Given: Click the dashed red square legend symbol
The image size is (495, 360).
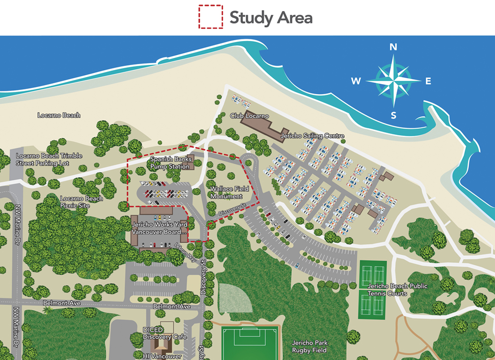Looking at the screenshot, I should (211, 17).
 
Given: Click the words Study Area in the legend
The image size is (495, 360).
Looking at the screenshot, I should (271, 18).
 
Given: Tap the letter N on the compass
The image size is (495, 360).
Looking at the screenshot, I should (393, 47).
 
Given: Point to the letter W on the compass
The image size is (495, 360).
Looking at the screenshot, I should (356, 81).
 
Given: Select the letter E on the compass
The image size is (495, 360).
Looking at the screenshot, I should (428, 81).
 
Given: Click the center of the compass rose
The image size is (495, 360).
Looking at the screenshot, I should (393, 80).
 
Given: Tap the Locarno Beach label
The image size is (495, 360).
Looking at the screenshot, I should (59, 115).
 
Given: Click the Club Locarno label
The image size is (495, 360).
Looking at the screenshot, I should (249, 116).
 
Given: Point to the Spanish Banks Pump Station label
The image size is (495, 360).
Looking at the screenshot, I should (170, 163).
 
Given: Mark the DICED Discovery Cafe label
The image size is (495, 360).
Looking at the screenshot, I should (165, 334).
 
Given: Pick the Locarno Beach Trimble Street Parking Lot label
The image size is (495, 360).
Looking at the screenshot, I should (49, 159).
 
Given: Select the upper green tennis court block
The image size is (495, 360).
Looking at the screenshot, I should (372, 274).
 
